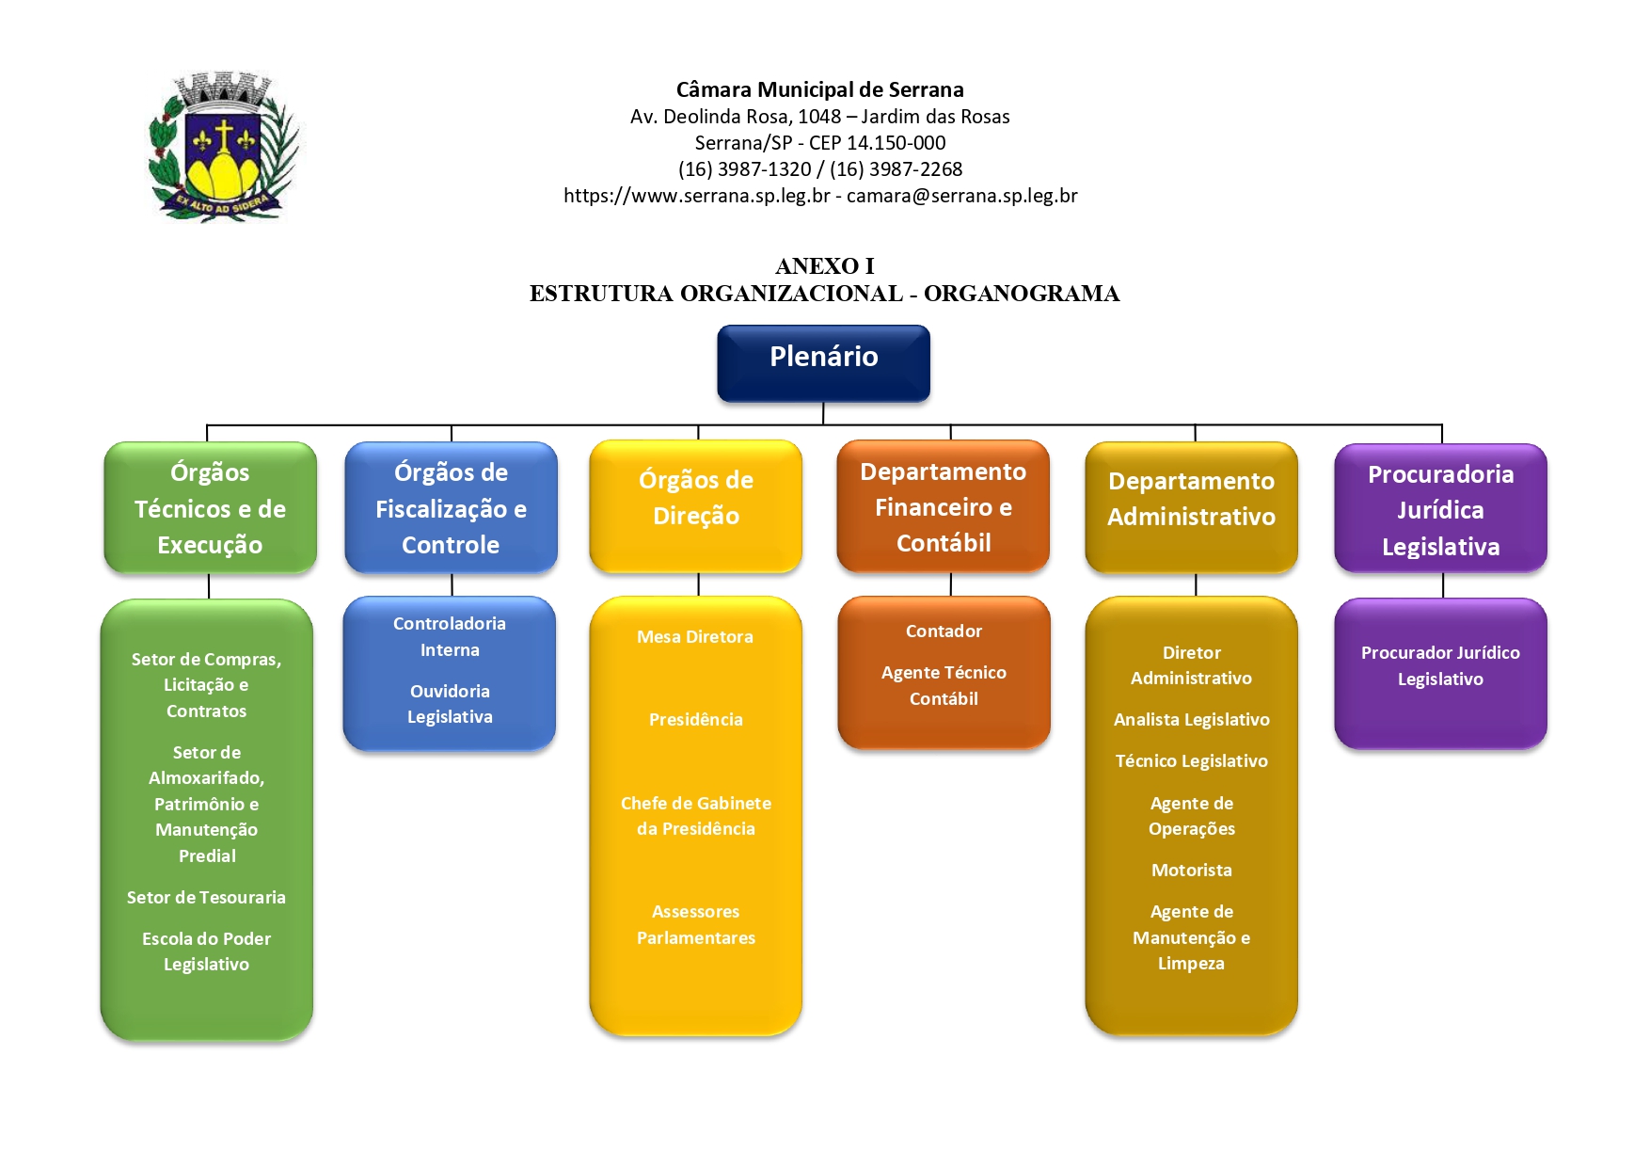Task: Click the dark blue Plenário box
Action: coord(823,362)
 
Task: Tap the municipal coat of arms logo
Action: coord(223,147)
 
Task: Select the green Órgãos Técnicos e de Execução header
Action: coord(210,507)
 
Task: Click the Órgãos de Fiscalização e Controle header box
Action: coord(451,507)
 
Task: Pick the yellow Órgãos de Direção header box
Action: coord(695,505)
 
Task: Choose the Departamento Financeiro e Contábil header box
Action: coord(943,506)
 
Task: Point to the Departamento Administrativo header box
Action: coord(1191,506)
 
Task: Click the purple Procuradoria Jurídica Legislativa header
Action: coord(1440,508)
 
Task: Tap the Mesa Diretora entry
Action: coord(694,637)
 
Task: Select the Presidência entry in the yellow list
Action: coord(695,720)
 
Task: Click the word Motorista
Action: coord(1191,871)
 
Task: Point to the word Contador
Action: coord(944,631)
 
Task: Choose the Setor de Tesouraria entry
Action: coord(206,898)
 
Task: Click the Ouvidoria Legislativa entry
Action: coord(450,704)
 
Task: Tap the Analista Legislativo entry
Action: coord(1191,720)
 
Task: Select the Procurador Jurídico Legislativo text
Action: coord(1440,665)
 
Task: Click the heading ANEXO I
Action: coord(824,266)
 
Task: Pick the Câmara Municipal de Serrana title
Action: coord(819,89)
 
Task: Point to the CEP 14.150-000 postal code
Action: coord(877,143)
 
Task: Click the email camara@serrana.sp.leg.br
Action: coord(961,196)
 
